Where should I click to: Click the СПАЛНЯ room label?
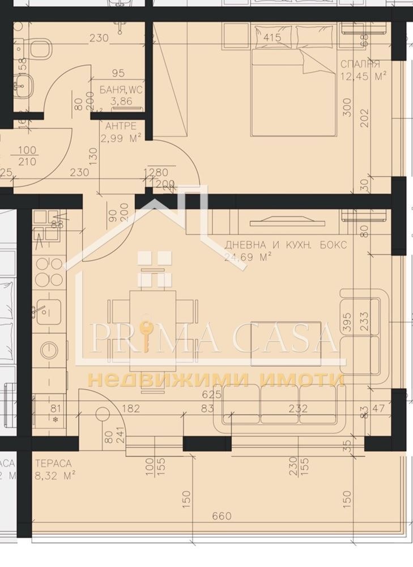coord(360,64)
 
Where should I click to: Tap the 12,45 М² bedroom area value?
coord(363,76)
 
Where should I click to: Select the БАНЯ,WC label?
coord(121,90)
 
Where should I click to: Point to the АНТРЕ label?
coord(117,126)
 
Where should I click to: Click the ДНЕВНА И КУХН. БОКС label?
coord(285,245)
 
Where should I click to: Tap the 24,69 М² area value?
coord(248,257)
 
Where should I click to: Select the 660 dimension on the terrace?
coord(222,516)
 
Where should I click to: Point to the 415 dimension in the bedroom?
coord(273,39)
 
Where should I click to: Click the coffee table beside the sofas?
coord(286,344)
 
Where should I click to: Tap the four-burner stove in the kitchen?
coord(49,272)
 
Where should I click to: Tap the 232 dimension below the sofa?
coord(298,408)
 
